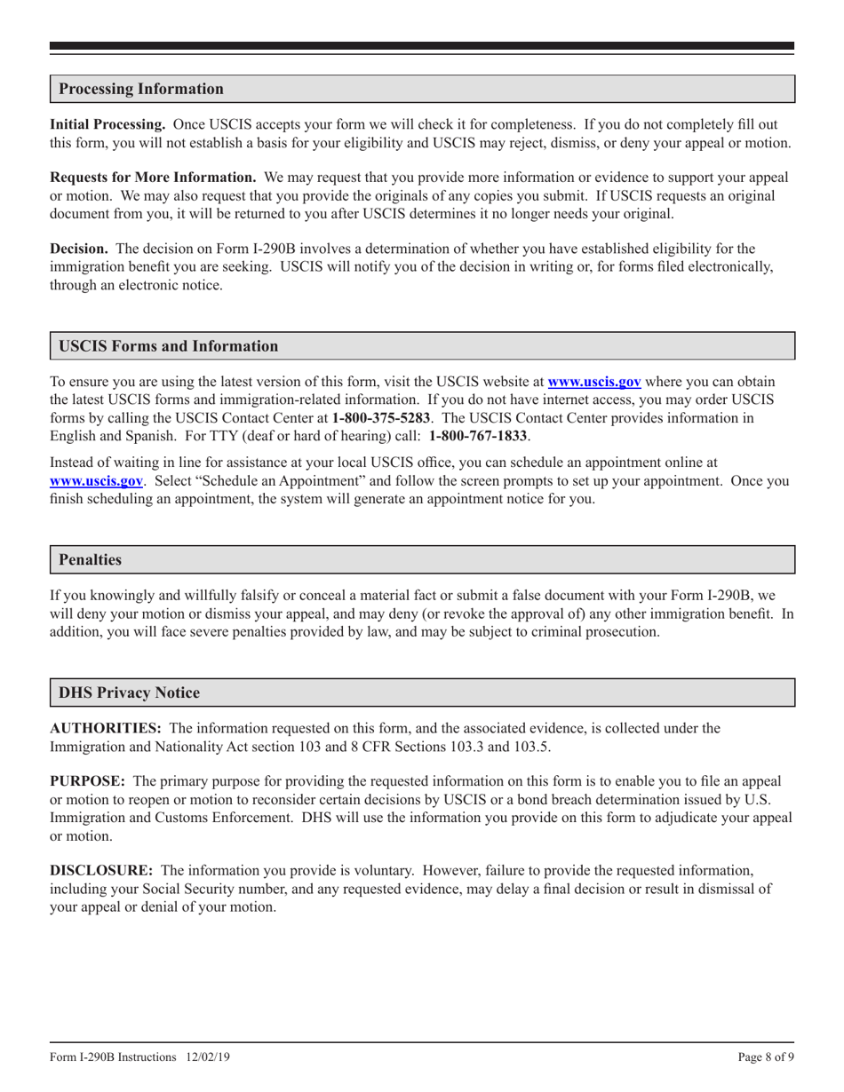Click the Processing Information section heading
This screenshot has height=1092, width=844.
click(141, 89)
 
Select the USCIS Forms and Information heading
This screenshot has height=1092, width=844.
click(168, 345)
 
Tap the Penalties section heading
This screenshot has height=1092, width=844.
click(90, 559)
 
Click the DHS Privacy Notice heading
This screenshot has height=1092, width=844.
click(129, 692)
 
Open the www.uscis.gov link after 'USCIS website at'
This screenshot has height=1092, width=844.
click(593, 382)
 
